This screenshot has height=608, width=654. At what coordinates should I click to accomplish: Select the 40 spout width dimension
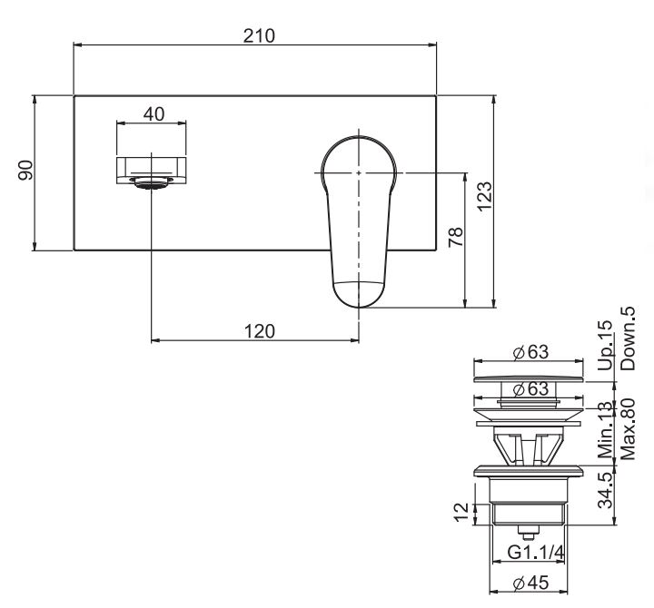[154, 114]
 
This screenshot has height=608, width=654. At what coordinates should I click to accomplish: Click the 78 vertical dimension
[458, 237]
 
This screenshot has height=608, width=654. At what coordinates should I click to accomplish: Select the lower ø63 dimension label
[530, 390]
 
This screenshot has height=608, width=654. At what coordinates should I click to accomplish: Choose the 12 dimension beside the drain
[461, 514]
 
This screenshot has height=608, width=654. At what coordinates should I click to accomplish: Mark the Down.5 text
[628, 338]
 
